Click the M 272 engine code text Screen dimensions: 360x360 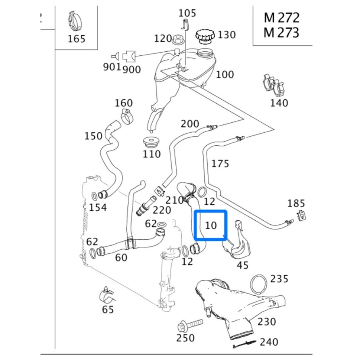(x=281, y=17)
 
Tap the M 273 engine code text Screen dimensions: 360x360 (x=281, y=33)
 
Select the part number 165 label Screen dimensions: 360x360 (x=77, y=39)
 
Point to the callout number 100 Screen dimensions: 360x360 (x=225, y=74)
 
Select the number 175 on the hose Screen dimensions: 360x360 (x=220, y=163)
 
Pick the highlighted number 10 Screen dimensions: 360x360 (x=211, y=225)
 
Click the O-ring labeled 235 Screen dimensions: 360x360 (x=259, y=284)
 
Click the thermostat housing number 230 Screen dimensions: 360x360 (x=267, y=321)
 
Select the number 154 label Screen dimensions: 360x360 (x=98, y=207)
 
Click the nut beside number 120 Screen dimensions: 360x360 (x=178, y=38)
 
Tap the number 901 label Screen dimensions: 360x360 (x=112, y=67)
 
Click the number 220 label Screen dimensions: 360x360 (x=162, y=210)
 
